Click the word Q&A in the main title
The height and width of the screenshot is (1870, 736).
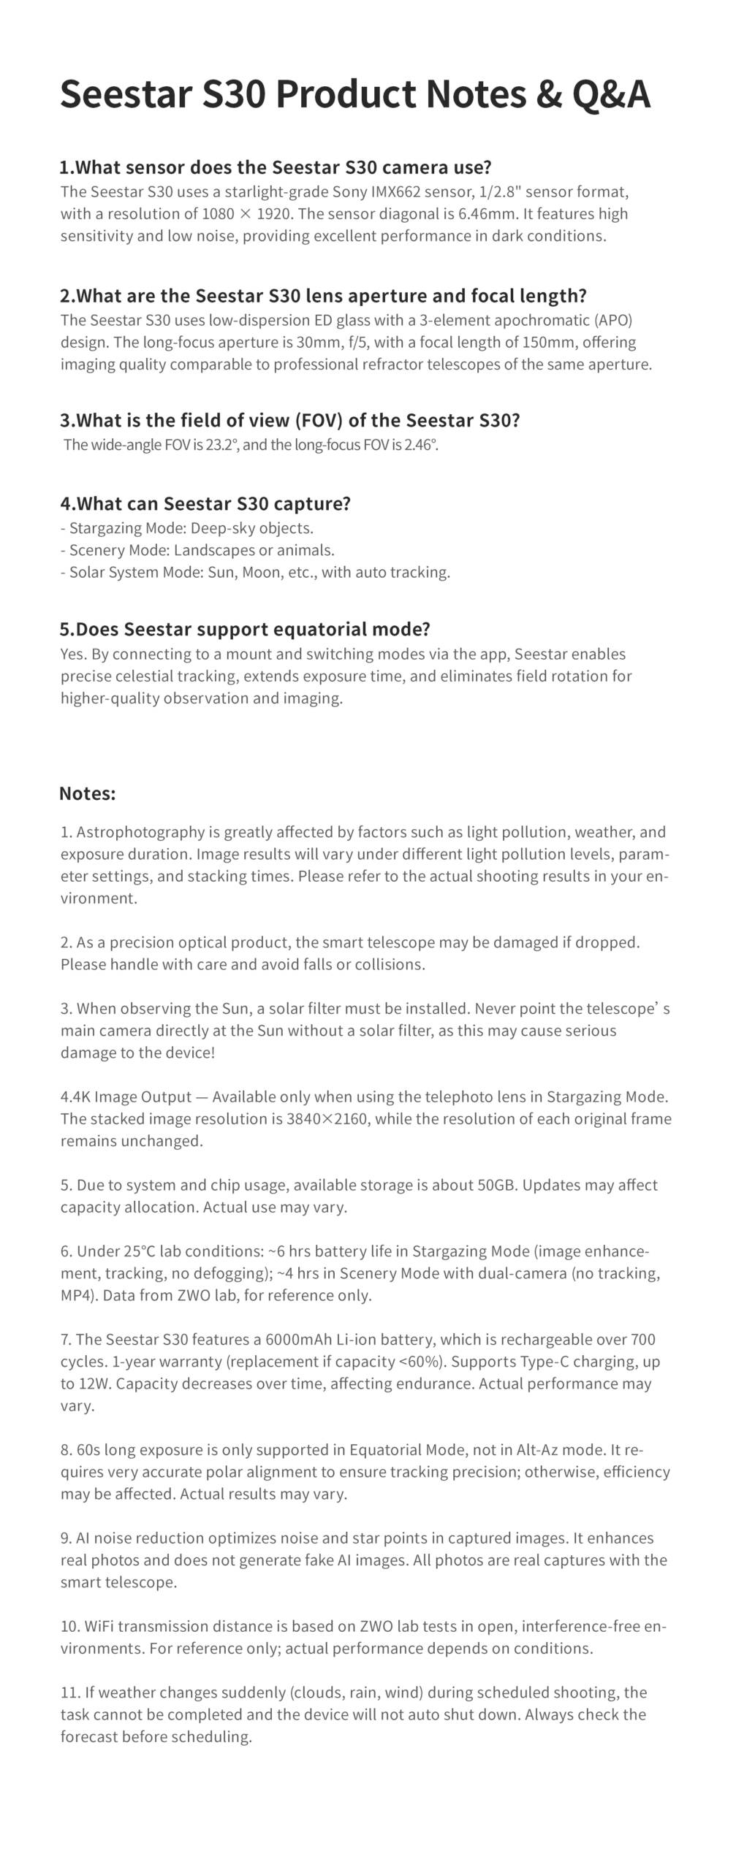pyautogui.click(x=610, y=95)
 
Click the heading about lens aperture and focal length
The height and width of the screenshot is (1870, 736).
pyautogui.click(x=323, y=296)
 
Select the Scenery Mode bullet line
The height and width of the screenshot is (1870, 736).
pyautogui.click(x=197, y=550)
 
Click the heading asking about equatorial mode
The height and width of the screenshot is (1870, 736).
pyautogui.click(x=245, y=629)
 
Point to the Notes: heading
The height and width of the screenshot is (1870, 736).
pyautogui.click(x=87, y=793)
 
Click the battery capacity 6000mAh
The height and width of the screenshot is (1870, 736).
pyautogui.click(x=297, y=1340)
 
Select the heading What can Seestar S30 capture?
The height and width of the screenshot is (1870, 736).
pyautogui.click(x=205, y=503)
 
